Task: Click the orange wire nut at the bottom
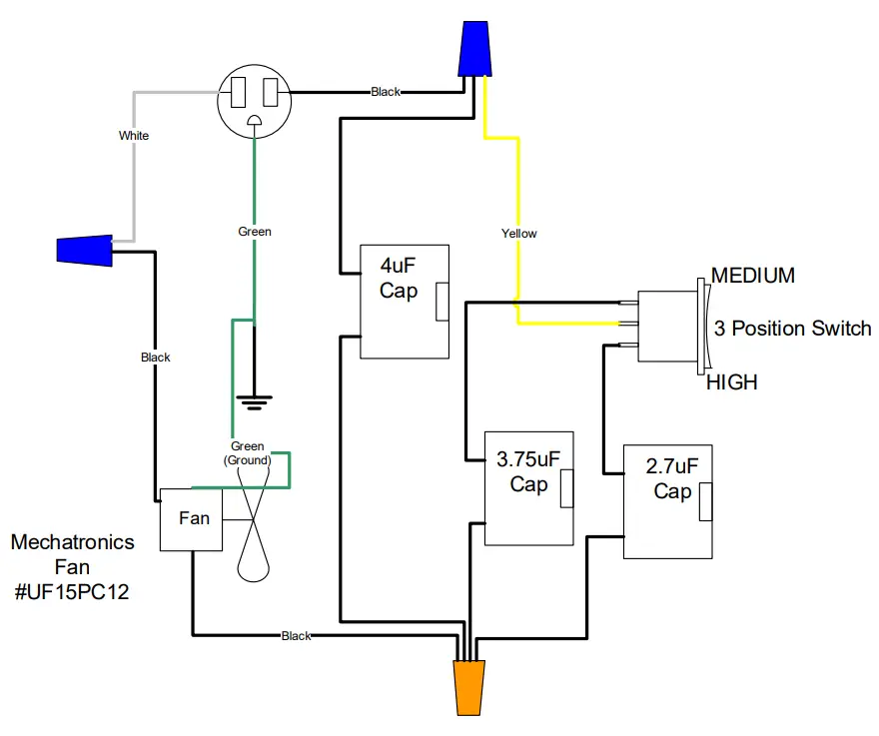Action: coord(468,687)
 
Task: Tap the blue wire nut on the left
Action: coord(83,250)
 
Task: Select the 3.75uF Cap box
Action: coord(528,487)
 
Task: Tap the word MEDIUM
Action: coord(752,276)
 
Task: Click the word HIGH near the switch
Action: coord(731,382)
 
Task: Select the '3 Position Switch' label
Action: coord(792,329)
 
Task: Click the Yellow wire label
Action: coord(518,234)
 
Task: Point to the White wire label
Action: coord(133,135)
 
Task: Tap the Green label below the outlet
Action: coord(255,232)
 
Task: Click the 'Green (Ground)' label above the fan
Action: coord(247,453)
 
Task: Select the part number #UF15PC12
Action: coord(71,592)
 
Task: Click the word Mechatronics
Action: coord(72,542)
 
